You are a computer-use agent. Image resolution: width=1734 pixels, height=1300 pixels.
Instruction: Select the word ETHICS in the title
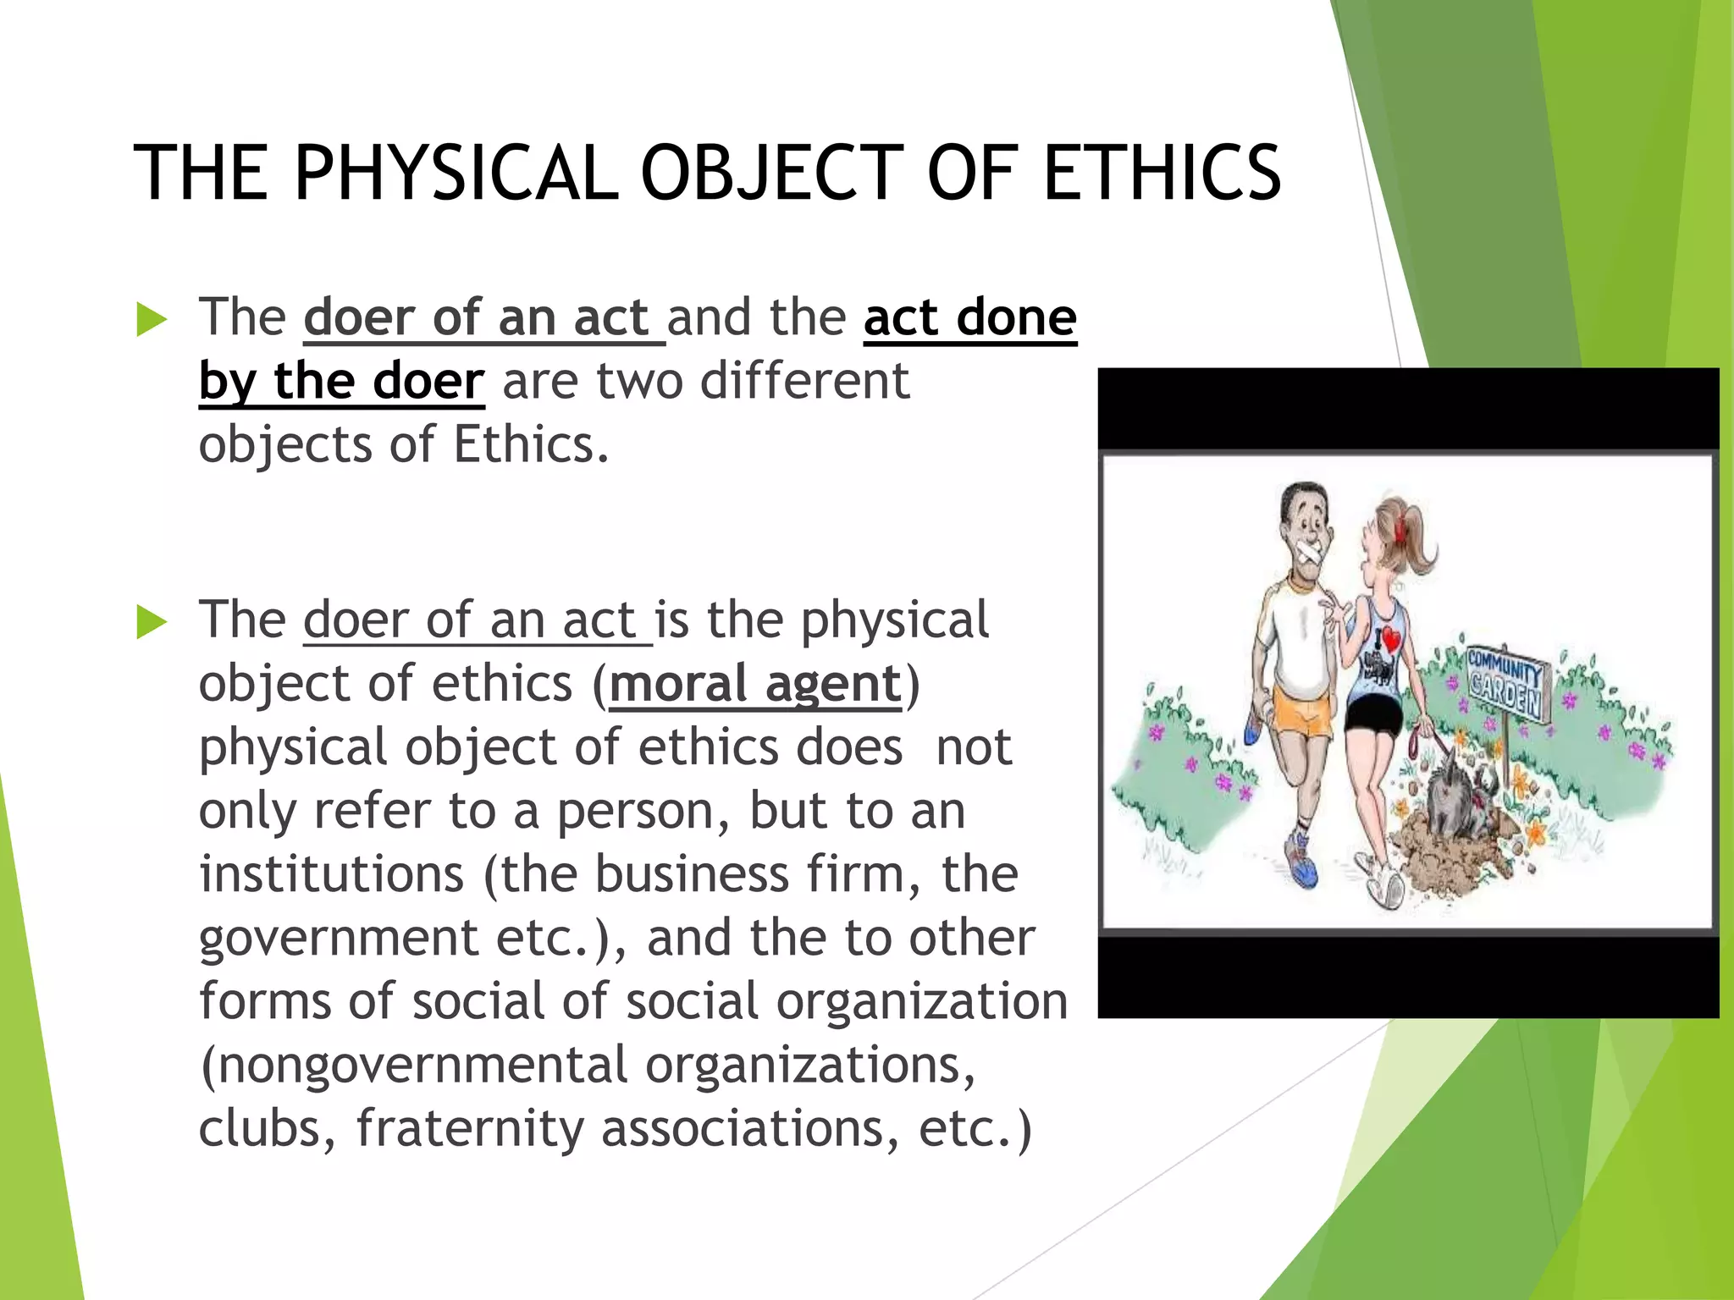(1162, 174)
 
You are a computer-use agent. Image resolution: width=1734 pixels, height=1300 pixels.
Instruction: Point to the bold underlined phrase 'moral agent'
(755, 684)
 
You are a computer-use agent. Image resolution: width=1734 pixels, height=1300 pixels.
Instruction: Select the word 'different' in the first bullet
(804, 382)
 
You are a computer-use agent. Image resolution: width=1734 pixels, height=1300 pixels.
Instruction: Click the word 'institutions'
(331, 874)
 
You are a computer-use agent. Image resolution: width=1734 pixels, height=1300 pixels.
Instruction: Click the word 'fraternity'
(470, 1128)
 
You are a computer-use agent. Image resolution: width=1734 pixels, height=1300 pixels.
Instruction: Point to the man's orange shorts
(1305, 715)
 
